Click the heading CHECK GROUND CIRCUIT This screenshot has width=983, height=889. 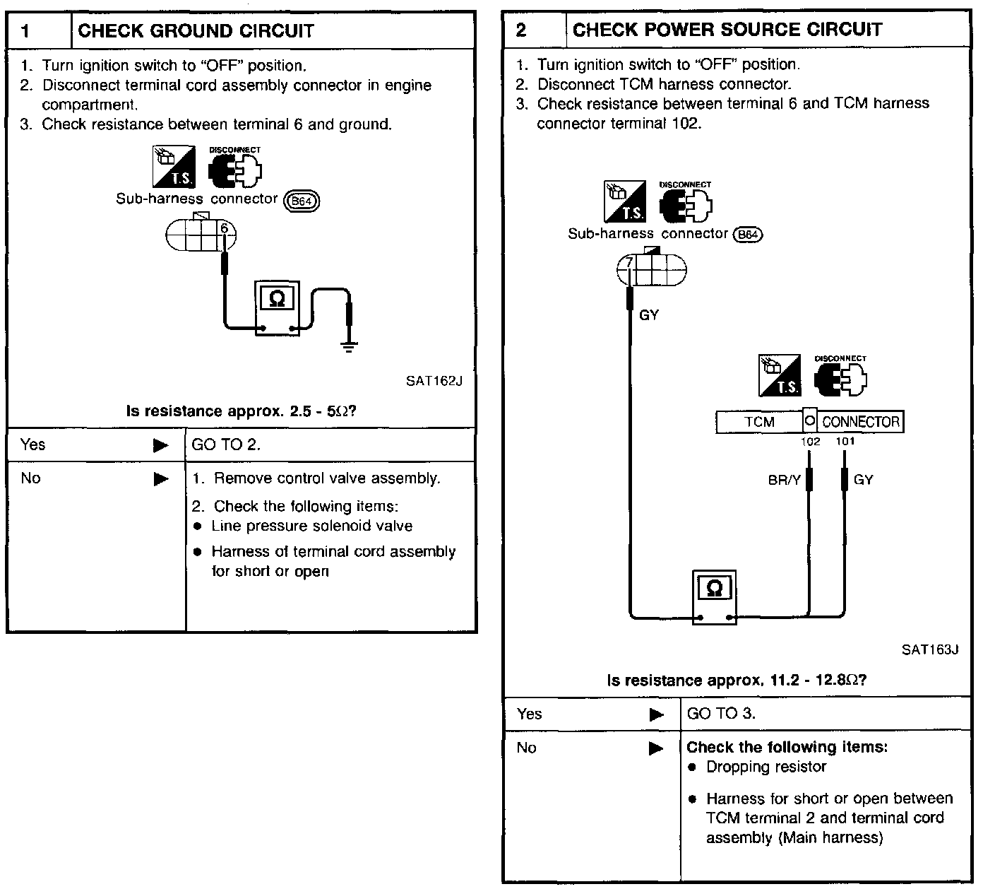(x=196, y=31)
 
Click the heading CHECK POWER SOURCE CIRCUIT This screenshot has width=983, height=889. (x=727, y=30)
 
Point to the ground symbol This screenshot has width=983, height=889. (x=348, y=346)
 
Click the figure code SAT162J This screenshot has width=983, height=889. (x=434, y=382)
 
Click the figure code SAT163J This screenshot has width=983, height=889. (x=929, y=650)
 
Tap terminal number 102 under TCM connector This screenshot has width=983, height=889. (x=810, y=442)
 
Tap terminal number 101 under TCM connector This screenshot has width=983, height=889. (x=845, y=442)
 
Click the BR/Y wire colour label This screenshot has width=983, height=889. (x=784, y=481)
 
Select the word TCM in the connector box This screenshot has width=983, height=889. (x=759, y=422)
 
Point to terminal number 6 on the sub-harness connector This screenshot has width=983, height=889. (x=224, y=228)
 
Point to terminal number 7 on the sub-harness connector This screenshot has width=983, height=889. (x=630, y=264)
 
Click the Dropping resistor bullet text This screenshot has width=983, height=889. (x=765, y=767)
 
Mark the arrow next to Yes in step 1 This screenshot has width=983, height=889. (x=161, y=445)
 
